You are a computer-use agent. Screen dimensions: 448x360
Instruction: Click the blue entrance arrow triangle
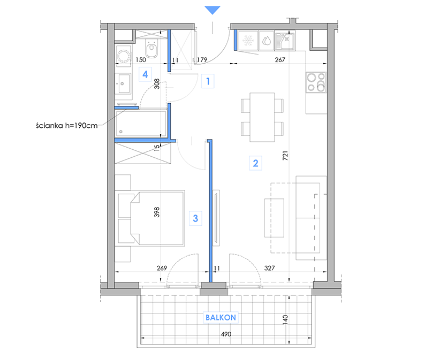point(212,10)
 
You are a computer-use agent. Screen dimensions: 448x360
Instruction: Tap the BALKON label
point(221,317)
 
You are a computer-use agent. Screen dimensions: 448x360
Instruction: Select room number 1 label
point(208,81)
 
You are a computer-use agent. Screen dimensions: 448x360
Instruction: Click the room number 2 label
point(255,163)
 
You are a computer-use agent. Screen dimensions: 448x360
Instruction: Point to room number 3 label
point(195,218)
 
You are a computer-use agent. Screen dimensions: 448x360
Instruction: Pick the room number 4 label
point(145,74)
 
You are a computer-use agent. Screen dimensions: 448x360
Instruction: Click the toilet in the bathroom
point(151,48)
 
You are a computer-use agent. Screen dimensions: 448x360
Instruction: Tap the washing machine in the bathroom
point(124,56)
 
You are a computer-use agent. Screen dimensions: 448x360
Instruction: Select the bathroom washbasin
point(123,83)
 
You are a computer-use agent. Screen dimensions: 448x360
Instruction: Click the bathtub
point(141,124)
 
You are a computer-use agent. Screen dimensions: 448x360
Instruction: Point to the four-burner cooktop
point(316,82)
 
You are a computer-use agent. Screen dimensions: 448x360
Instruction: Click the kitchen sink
point(285,41)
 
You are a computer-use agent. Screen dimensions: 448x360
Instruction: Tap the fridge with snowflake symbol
point(248,41)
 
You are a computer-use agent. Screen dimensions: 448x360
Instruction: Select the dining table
point(262,117)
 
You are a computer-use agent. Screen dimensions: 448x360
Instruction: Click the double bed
point(151,218)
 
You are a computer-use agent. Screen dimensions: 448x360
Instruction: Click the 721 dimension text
point(285,155)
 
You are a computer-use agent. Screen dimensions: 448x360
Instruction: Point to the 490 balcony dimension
point(226,334)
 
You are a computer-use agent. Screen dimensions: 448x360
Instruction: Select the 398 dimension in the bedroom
point(157,212)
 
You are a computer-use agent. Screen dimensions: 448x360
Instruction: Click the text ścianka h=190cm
point(67,125)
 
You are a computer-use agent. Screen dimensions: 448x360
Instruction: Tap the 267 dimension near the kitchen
point(280,60)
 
